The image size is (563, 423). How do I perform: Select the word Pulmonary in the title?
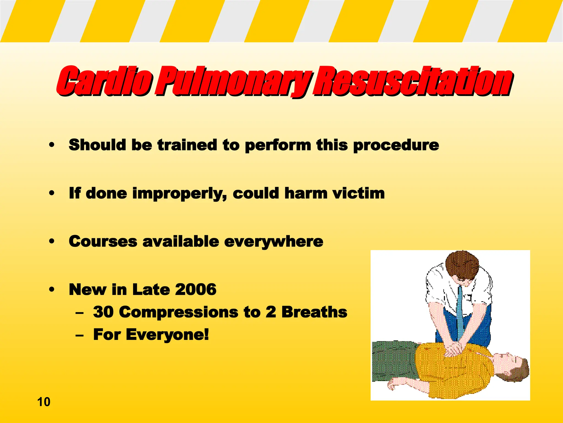pyautogui.click(x=234, y=82)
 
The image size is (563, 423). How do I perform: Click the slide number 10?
pyautogui.click(x=44, y=402)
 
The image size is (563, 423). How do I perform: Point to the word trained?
pyautogui.click(x=187, y=145)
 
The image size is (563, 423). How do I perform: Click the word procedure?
pyautogui.click(x=396, y=145)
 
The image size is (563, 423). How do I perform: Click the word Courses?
pyautogui.click(x=103, y=242)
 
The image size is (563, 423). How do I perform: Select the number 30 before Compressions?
pyautogui.click(x=103, y=312)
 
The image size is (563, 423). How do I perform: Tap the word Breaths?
pyautogui.click(x=314, y=312)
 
